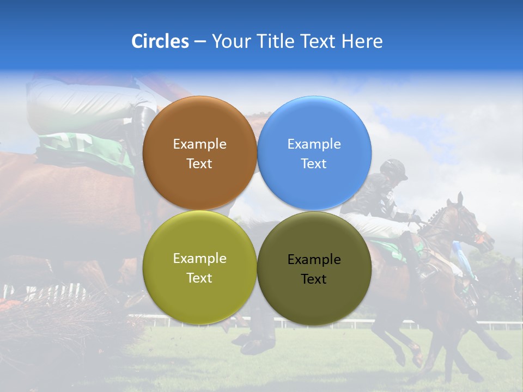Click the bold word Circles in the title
(x=160, y=41)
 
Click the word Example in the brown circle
(x=199, y=144)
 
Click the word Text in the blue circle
(x=314, y=164)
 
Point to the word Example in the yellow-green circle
(x=199, y=259)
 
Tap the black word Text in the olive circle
(x=314, y=279)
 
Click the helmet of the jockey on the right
(x=394, y=169)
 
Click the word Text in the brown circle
(x=199, y=164)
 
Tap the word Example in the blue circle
(x=314, y=144)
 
